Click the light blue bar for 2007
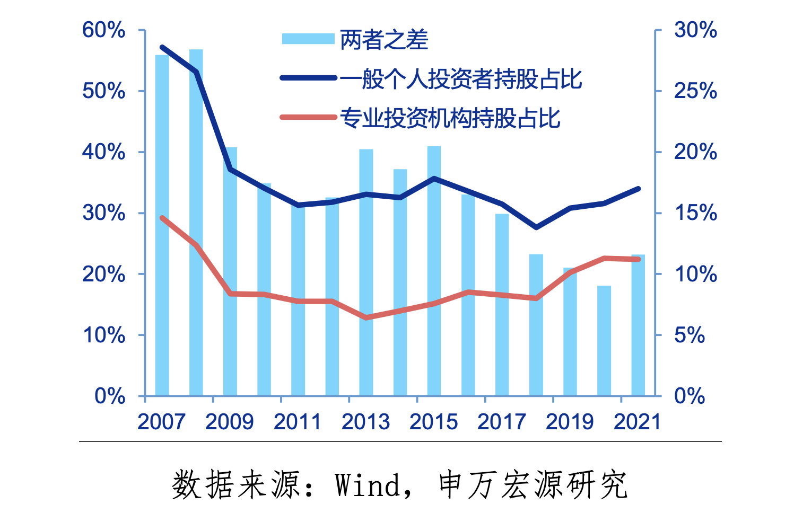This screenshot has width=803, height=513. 162,225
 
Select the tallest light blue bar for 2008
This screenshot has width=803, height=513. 196,223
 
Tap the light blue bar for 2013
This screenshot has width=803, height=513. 366,272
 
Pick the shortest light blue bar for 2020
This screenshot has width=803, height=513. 604,341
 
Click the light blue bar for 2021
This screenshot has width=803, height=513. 638,325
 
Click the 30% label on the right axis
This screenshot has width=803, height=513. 695,30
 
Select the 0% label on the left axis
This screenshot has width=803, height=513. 110,396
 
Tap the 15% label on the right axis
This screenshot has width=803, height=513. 695,213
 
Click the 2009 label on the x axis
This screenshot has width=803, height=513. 230,422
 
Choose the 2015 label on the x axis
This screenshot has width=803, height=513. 434,422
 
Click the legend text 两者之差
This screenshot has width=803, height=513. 384,40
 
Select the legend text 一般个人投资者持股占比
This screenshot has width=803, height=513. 461,79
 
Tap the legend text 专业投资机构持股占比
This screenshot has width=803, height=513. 450,118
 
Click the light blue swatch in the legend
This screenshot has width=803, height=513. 308,39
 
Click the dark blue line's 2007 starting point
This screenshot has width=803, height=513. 162,47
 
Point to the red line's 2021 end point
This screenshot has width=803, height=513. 638,259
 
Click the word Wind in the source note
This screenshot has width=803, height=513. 368,485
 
